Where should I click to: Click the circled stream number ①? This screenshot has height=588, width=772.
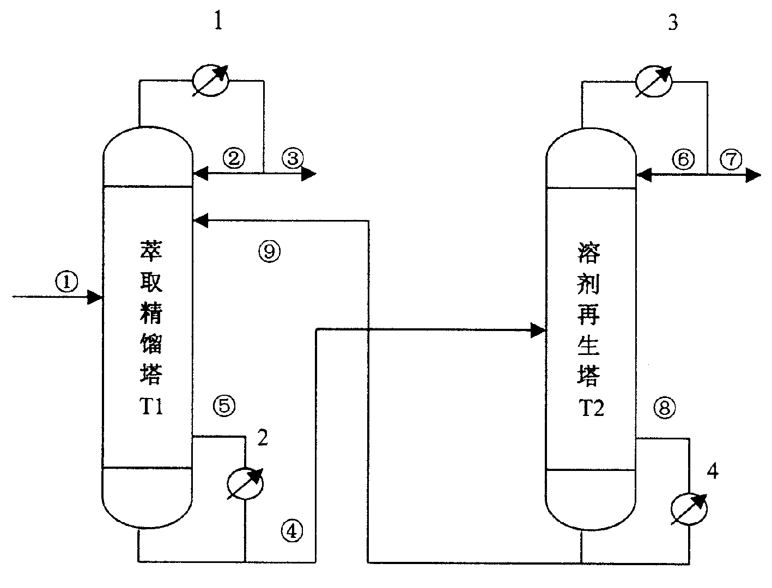(66, 282)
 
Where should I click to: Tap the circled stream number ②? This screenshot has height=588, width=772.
(234, 158)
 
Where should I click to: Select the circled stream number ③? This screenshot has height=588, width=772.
(293, 158)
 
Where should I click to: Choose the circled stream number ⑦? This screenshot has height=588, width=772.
(731, 160)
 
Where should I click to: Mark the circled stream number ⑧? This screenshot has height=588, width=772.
(664, 408)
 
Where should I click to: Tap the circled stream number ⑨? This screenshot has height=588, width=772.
(269, 250)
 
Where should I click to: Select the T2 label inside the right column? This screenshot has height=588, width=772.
(591, 408)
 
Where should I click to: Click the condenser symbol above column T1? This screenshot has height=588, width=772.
(211, 81)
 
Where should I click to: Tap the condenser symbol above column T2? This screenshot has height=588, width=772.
(654, 81)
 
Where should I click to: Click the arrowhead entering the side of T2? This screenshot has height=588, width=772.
(539, 330)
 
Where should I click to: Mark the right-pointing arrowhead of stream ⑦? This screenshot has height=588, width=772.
(754, 175)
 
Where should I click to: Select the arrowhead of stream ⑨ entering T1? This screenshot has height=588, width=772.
(199, 220)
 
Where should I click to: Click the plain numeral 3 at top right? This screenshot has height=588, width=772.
(673, 23)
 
